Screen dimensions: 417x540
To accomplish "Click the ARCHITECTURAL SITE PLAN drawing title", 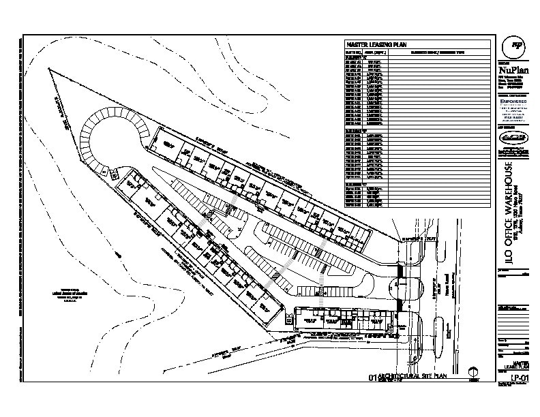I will [x=409, y=376].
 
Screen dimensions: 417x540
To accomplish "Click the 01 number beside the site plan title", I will [x=372, y=377].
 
